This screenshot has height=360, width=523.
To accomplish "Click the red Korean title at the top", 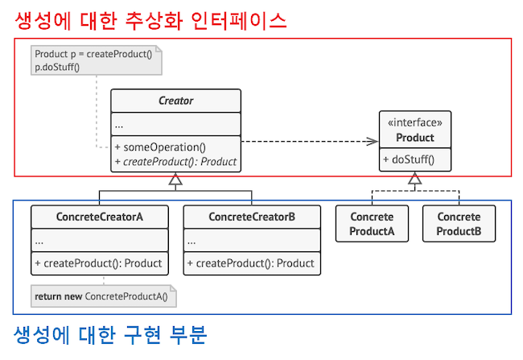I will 151,20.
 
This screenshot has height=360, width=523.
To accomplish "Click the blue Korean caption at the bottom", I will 111,334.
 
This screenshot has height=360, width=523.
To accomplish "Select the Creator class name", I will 175,101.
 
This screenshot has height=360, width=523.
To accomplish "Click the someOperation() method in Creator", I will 161,147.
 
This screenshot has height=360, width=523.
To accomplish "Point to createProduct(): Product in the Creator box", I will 175,161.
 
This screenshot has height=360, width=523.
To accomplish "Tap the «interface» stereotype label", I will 415,123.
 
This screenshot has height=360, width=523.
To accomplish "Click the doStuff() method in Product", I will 409,159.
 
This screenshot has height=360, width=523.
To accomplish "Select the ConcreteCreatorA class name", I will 101,217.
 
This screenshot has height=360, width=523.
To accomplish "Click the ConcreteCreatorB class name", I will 252,217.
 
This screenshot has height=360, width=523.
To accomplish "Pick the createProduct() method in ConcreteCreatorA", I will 98,263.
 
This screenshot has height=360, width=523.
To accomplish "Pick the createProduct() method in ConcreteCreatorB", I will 250,263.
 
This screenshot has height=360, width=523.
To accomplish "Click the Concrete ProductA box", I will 372,224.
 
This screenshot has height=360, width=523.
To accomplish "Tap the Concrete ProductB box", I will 459,224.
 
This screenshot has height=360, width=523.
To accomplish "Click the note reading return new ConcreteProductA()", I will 102,296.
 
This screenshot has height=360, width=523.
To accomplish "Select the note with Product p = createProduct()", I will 94,60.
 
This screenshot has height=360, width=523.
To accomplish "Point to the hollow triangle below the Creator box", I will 175,181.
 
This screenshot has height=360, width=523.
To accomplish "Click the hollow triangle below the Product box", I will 415,181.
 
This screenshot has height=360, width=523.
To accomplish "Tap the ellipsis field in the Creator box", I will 119,125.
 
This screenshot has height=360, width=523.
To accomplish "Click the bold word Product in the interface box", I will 415,138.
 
